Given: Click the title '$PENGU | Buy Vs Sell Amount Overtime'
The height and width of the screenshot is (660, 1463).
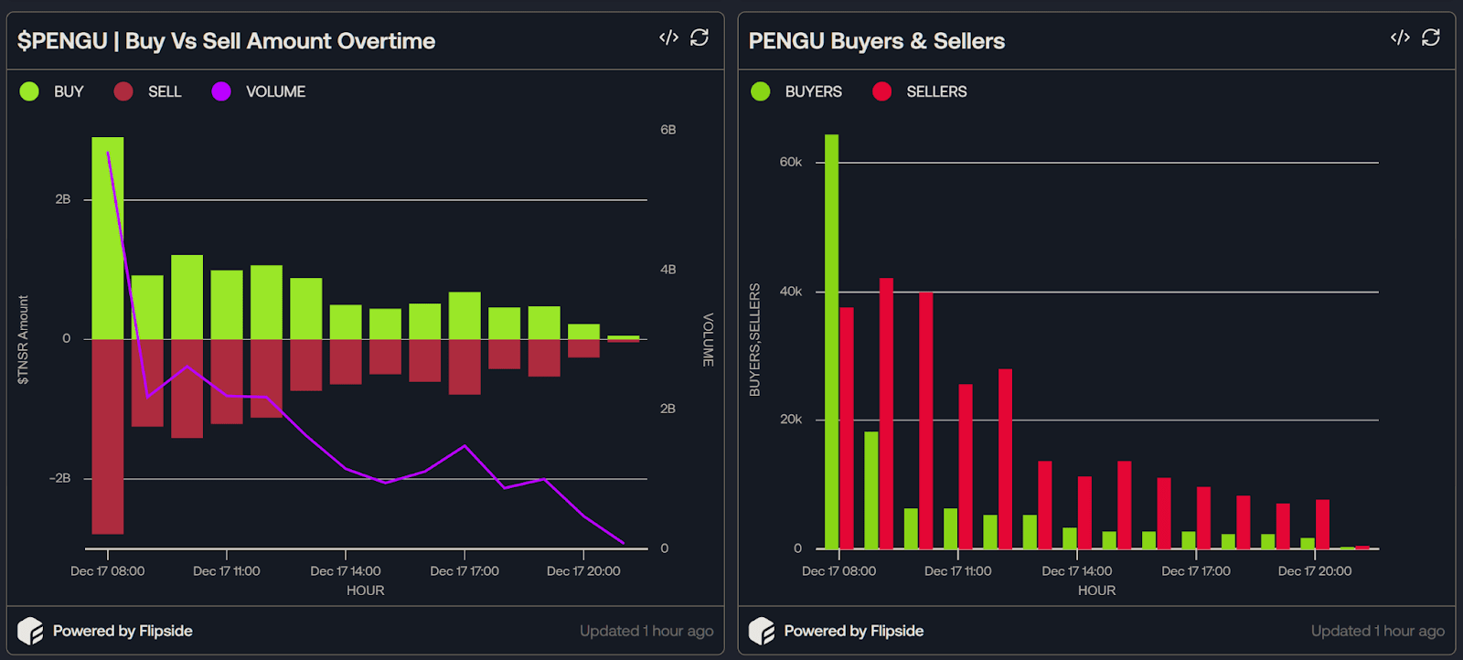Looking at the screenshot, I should coord(226,41).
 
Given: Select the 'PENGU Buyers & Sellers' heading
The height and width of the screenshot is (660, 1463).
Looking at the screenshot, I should coord(876,41).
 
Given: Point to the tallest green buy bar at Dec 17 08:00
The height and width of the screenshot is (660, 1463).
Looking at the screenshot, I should coord(108,238).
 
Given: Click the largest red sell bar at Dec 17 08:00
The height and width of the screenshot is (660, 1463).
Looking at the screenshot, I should coord(108,436).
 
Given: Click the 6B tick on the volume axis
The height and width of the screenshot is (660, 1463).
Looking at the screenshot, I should coord(668,130).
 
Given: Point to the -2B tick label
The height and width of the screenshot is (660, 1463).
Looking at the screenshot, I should coord(60,478).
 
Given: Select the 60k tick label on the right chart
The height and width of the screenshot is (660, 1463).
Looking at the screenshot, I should coord(790,162).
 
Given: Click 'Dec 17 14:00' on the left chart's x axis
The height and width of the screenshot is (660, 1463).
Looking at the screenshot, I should coord(346,571).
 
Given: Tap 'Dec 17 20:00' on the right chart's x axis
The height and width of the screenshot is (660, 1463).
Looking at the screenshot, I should coord(1315,571).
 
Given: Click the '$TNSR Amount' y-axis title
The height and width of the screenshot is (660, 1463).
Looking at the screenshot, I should coord(24,339).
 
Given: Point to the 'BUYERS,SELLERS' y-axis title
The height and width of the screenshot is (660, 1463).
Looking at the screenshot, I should coord(754,339).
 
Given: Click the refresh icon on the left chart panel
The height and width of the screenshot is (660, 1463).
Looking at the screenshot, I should coord(699,37).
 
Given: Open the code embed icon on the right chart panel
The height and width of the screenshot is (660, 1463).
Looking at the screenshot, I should coord(1400,37).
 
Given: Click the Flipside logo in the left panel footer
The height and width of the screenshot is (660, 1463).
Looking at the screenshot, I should coord(30,631).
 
